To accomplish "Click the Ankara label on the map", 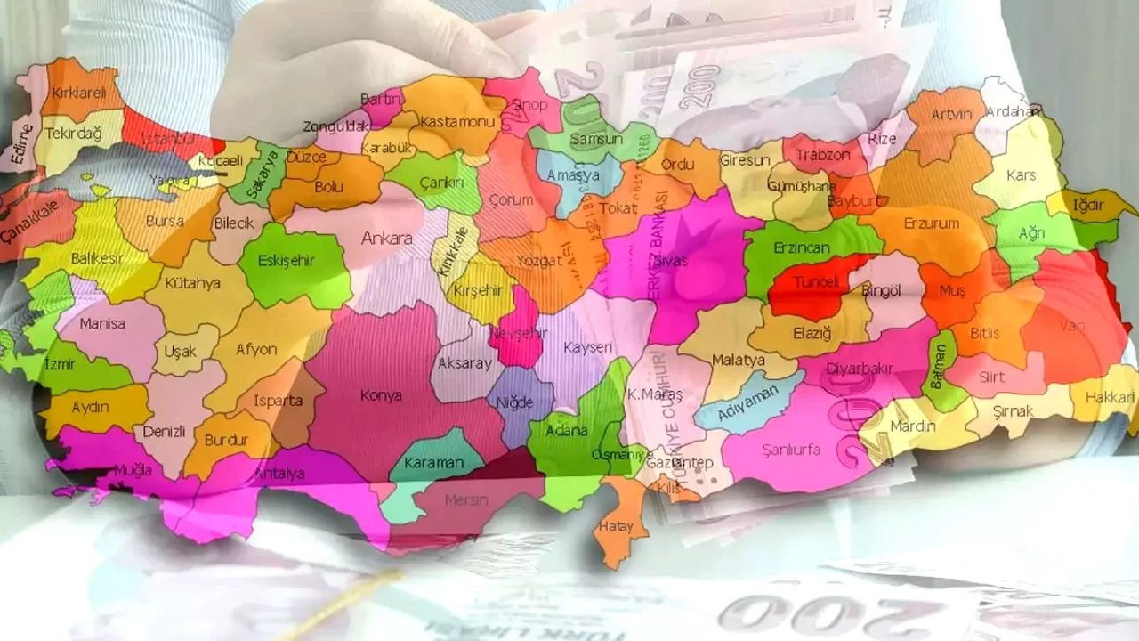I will coord(386,239).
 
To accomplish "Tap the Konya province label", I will coord(381,395).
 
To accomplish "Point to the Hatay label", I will coord(616,526).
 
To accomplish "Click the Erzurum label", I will coord(931,223).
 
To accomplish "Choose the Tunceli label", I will coord(817,282).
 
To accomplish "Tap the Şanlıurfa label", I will coord(791,450).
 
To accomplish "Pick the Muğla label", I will coord(133,469).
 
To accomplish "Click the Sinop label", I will coord(529,105).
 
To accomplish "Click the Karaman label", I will coord(433,463).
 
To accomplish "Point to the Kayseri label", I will coord(588,346).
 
